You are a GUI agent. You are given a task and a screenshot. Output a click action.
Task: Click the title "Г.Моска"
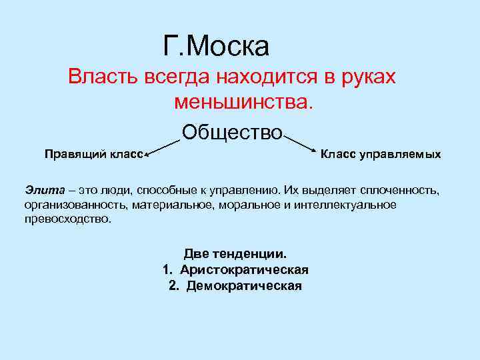click(215, 46)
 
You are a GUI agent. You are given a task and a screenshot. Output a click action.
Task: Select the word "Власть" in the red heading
click(101, 77)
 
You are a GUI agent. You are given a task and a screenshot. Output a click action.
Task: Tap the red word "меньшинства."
click(243, 102)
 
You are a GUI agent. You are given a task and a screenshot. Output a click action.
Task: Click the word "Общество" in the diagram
click(232, 132)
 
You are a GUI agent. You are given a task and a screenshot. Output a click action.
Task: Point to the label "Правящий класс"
click(93, 155)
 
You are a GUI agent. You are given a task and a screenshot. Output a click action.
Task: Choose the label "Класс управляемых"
click(381, 155)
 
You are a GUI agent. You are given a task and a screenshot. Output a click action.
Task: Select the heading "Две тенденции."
click(235, 254)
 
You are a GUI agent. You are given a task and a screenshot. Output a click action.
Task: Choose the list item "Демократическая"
click(244, 285)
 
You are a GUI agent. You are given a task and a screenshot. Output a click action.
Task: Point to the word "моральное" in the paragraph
click(251, 204)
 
